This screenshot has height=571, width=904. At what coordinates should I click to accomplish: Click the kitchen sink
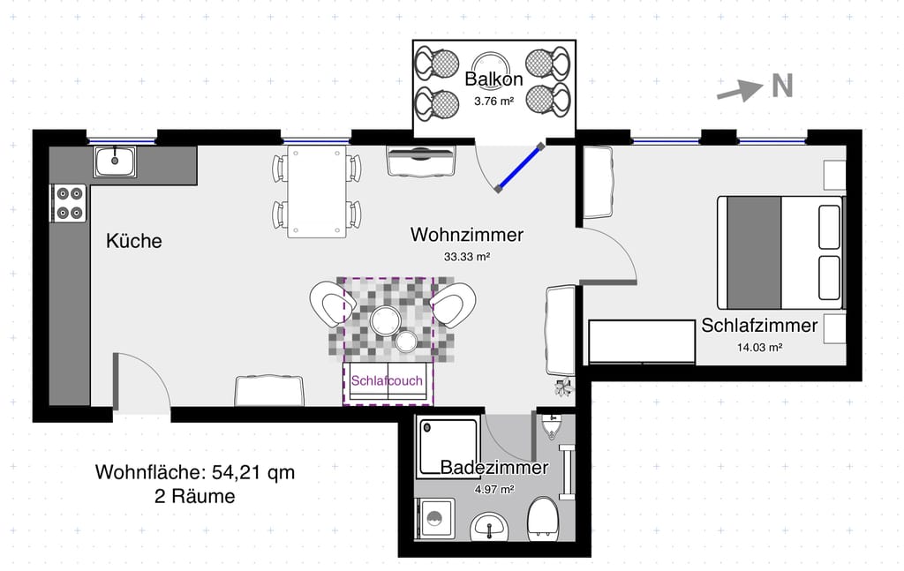pyautogui.click(x=116, y=162)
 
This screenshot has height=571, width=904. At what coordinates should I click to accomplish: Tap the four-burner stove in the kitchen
pyautogui.click(x=69, y=203)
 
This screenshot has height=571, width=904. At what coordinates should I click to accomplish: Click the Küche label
pyautogui.click(x=134, y=241)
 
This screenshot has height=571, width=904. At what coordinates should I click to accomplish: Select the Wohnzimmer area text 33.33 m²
pyautogui.click(x=467, y=257)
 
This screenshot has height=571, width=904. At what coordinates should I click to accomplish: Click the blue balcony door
pyautogui.click(x=519, y=167)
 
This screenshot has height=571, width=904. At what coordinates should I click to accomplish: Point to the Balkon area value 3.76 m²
pyautogui.click(x=494, y=101)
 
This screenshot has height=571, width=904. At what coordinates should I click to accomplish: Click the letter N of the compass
pyautogui.click(x=782, y=86)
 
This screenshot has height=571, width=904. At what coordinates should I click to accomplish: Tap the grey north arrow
pyautogui.click(x=740, y=91)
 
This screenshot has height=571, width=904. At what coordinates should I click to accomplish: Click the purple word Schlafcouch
pyautogui.click(x=387, y=381)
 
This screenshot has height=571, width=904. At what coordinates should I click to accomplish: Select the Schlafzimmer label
pyautogui.click(x=759, y=326)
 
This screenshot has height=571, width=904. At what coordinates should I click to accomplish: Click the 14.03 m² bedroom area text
pyautogui.click(x=759, y=348)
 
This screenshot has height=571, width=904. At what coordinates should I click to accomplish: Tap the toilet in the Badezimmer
pyautogui.click(x=543, y=519)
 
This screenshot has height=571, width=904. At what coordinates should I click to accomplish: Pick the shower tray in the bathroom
pyautogui.click(x=448, y=447)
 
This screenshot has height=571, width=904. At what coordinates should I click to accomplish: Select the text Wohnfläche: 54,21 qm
pyautogui.click(x=195, y=472)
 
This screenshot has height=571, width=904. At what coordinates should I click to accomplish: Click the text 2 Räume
pyautogui.click(x=195, y=496)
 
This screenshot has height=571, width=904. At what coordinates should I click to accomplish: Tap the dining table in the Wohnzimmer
pyautogui.click(x=317, y=192)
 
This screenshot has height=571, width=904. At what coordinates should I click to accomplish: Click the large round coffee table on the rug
pyautogui.click(x=385, y=320)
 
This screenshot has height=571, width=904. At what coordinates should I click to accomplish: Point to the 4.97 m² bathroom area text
pyautogui.click(x=494, y=490)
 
